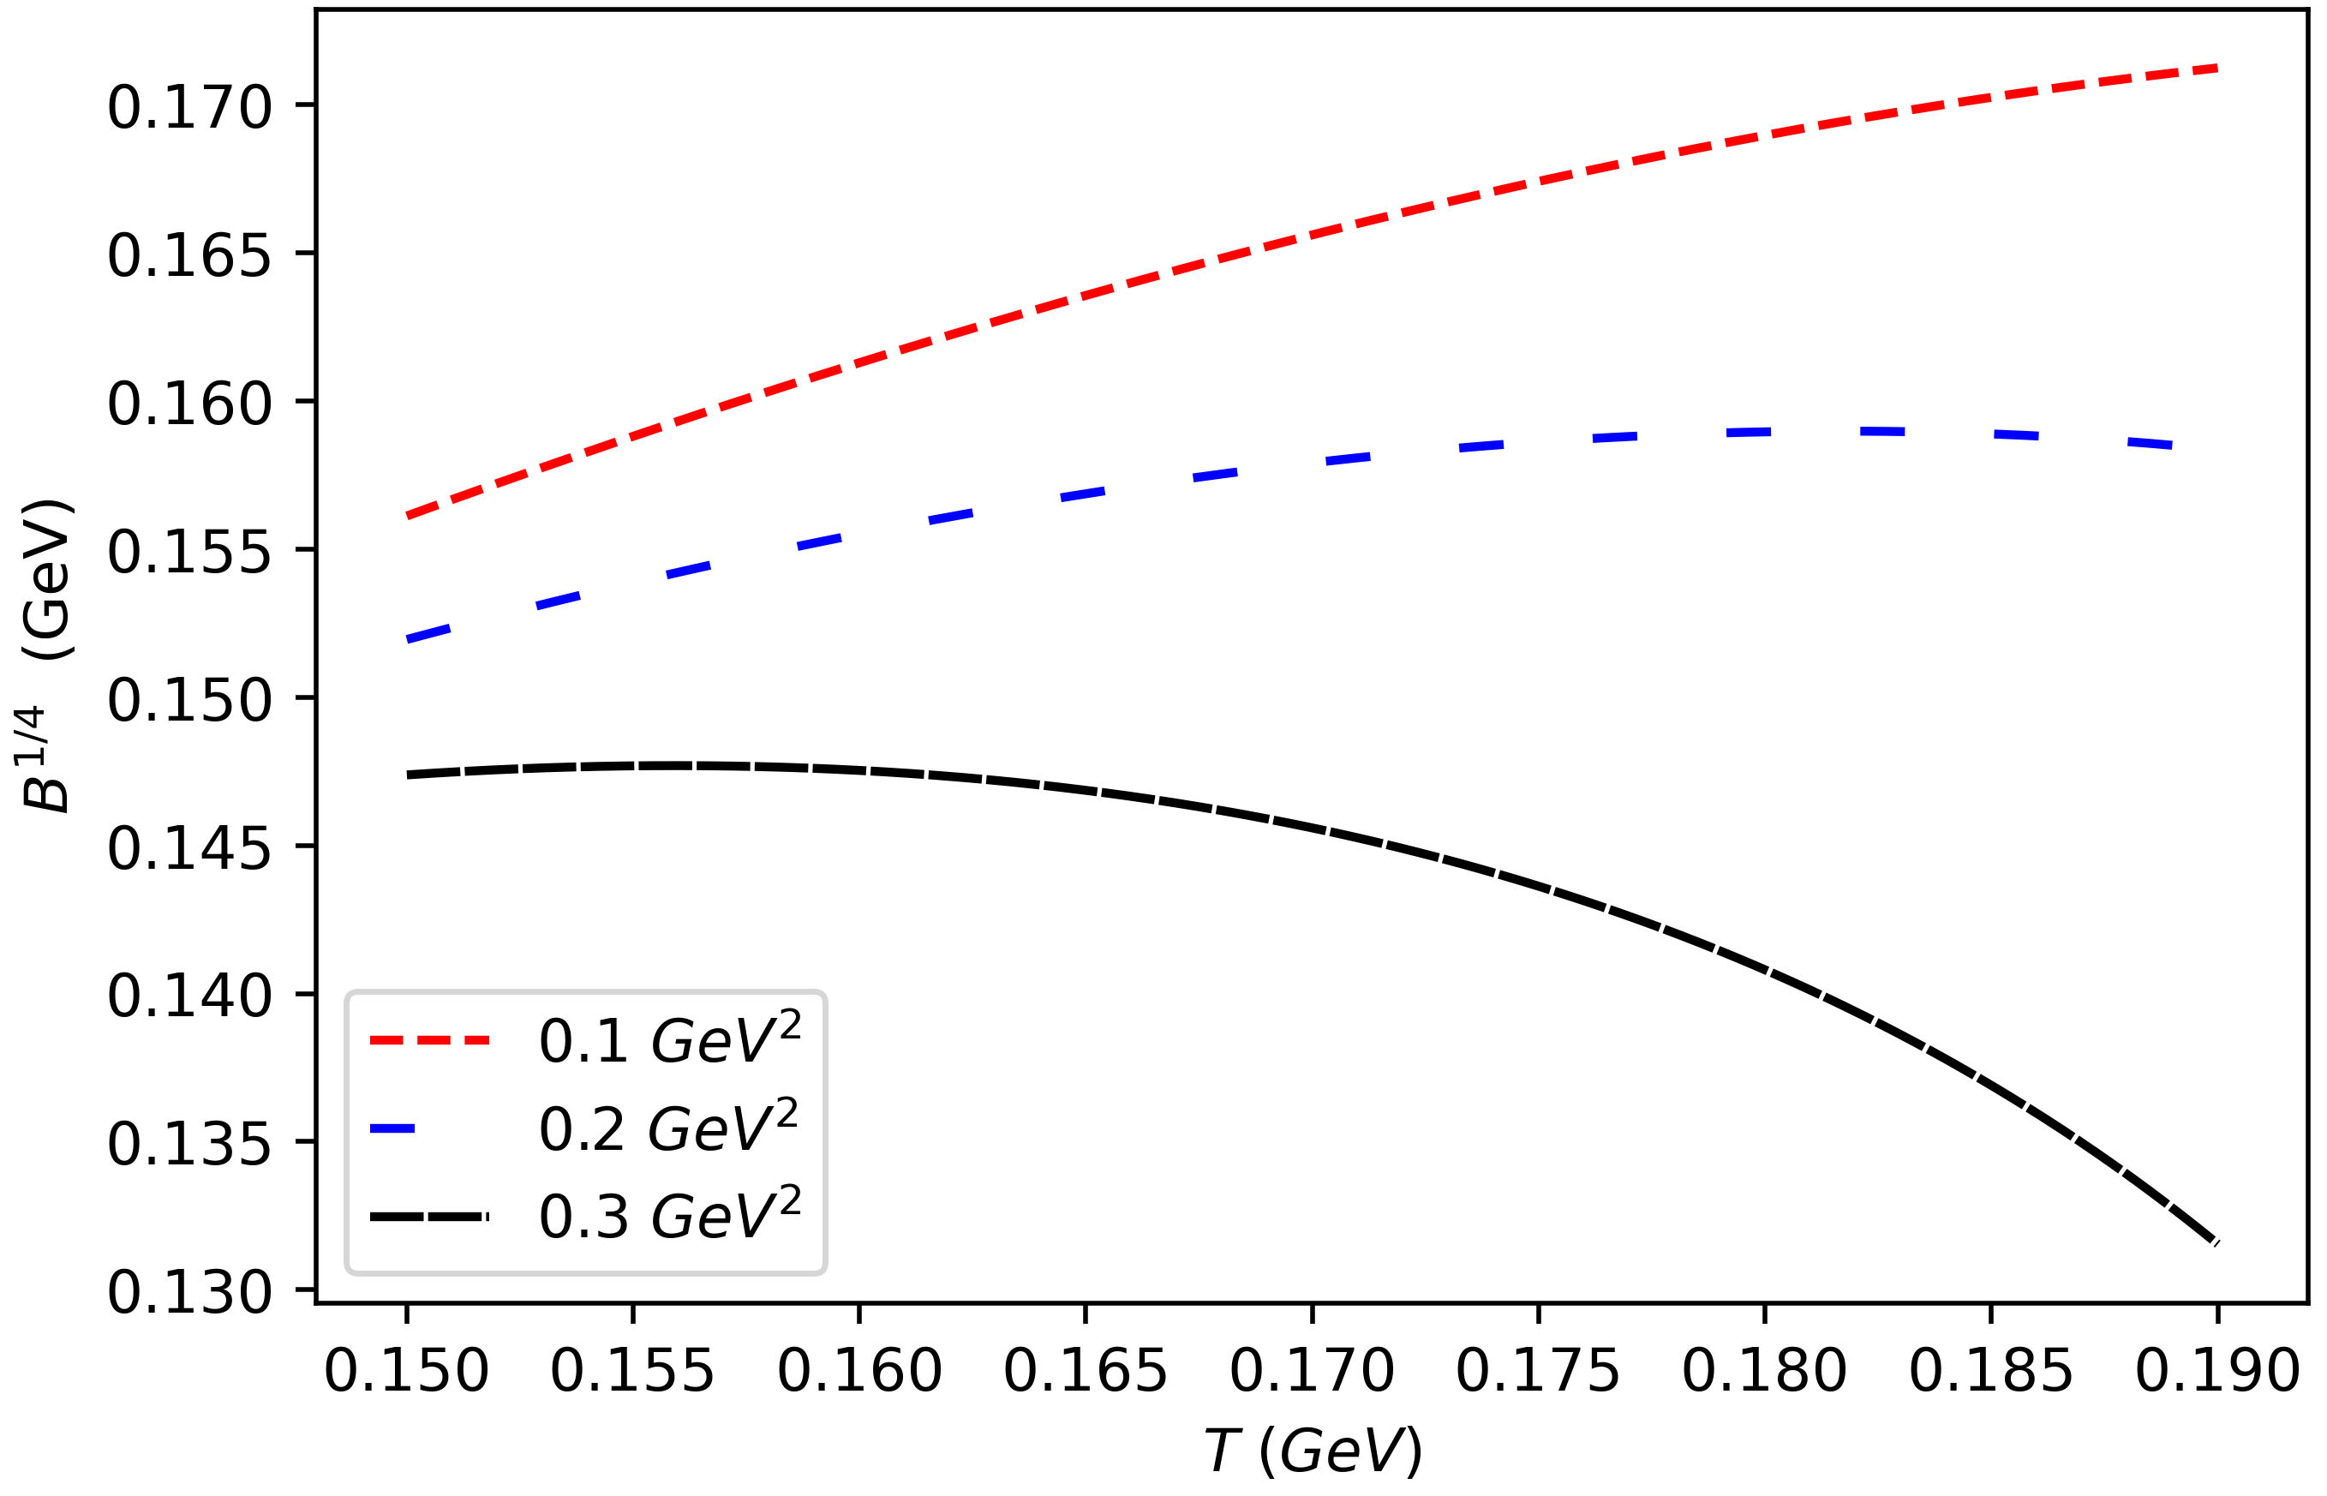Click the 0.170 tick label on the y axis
[x=189, y=108]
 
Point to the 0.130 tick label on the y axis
[x=189, y=1293]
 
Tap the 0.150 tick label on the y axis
[x=189, y=700]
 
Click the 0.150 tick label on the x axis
[x=406, y=1372]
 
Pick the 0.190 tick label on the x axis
[x=2216, y=1372]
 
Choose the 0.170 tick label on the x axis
[x=1311, y=1372]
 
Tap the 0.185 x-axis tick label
[x=1990, y=1372]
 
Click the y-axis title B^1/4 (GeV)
[x=46, y=655]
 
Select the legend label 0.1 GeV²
[x=669, y=1040]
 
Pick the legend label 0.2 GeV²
[x=669, y=1128]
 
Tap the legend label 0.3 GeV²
[x=669, y=1215]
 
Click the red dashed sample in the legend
[x=429, y=1040]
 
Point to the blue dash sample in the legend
[x=392, y=1128]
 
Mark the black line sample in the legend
[x=429, y=1216]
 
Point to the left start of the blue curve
[x=409, y=639]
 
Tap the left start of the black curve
[x=409, y=775]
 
